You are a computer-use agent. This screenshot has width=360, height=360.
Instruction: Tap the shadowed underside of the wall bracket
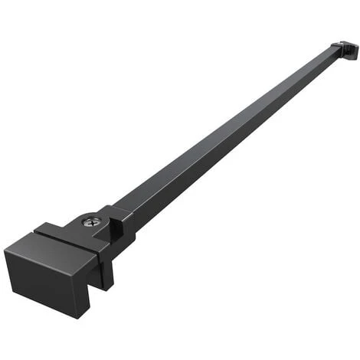click(349, 57)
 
